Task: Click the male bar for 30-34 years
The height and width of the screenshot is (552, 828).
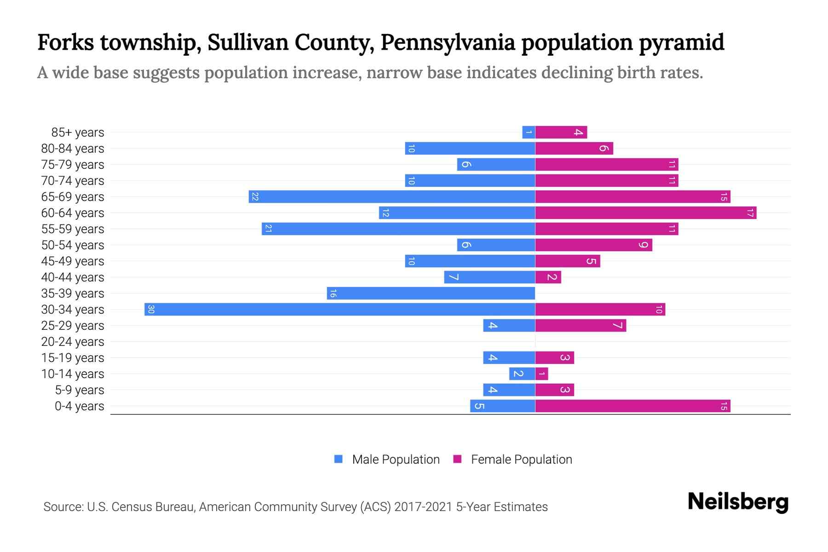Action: [x=339, y=309]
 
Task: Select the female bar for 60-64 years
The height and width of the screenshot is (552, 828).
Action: [x=645, y=213]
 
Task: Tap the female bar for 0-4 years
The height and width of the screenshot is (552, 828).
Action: [x=632, y=406]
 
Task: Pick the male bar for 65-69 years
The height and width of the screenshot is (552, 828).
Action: [x=391, y=196]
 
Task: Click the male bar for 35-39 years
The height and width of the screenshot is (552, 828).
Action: [x=431, y=293]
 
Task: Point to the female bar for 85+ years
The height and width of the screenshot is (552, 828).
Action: [x=561, y=132]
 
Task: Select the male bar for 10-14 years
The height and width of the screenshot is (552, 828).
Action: [x=522, y=374]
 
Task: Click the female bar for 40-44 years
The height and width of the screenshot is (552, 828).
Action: [x=548, y=277]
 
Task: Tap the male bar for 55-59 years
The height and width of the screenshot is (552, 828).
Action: [x=398, y=229]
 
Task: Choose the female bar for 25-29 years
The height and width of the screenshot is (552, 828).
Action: [x=581, y=325]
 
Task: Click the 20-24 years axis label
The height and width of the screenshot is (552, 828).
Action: [x=73, y=342]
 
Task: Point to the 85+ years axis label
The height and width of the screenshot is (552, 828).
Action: [x=77, y=132]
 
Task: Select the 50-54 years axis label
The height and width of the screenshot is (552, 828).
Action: [x=73, y=245]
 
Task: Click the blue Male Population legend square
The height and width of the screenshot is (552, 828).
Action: [x=339, y=459]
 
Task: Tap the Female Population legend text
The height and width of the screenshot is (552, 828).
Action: [x=521, y=460]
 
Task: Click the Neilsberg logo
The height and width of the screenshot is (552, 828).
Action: [x=738, y=502]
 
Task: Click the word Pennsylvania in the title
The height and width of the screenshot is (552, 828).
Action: [x=447, y=42]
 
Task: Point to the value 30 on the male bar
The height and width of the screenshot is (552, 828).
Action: [x=151, y=309]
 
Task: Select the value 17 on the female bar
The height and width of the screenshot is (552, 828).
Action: [x=750, y=213]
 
